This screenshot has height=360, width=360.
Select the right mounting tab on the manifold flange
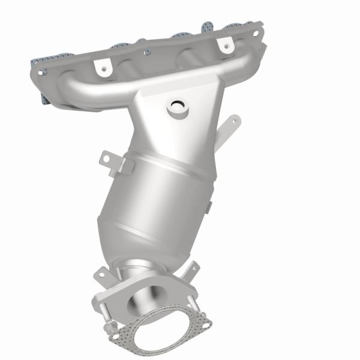pyautogui.click(x=226, y=44)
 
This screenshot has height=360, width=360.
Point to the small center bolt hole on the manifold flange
pyautogui.click(x=146, y=52)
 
